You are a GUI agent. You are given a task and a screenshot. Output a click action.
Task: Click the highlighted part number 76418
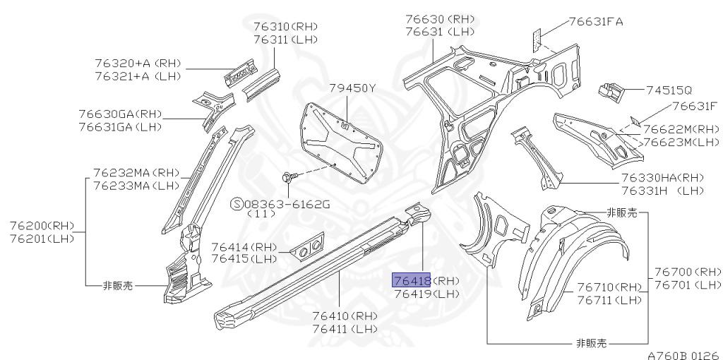(412, 281)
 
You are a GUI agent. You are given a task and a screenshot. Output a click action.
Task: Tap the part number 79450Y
(353, 88)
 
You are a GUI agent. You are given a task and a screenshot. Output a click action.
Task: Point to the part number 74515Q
(669, 90)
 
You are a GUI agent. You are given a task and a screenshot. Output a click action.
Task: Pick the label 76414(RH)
(244, 246)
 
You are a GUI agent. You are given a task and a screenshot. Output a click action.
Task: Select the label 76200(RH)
(42, 226)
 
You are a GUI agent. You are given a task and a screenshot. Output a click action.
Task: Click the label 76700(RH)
(688, 272)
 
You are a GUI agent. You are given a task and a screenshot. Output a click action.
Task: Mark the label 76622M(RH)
(681, 129)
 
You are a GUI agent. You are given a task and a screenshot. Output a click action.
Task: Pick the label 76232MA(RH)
(136, 173)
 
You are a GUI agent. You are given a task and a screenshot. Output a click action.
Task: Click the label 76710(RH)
(608, 287)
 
